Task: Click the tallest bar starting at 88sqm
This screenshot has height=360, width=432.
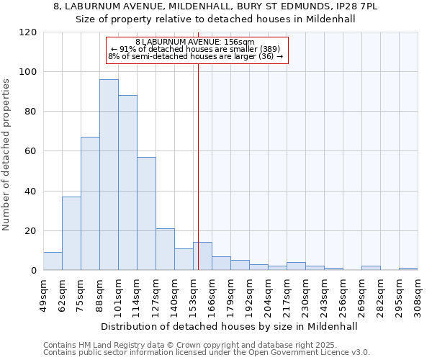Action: (x=109, y=175)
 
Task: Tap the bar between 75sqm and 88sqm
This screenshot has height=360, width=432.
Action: (x=90, y=204)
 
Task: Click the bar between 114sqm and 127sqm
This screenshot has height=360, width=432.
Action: (x=146, y=213)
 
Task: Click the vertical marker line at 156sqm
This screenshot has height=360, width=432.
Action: (x=198, y=166)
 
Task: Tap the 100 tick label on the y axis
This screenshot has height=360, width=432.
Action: (x=28, y=72)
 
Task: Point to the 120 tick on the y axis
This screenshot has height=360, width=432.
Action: (x=28, y=32)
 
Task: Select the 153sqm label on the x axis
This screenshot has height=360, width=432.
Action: (x=193, y=292)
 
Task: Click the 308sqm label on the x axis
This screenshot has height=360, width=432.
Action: (x=418, y=292)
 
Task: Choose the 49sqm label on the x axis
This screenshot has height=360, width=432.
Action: (x=43, y=292)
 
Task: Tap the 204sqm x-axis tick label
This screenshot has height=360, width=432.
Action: (x=268, y=292)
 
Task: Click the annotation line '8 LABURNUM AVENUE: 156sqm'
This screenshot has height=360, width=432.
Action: (x=195, y=42)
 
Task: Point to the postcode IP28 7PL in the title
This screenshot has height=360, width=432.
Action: (x=366, y=6)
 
